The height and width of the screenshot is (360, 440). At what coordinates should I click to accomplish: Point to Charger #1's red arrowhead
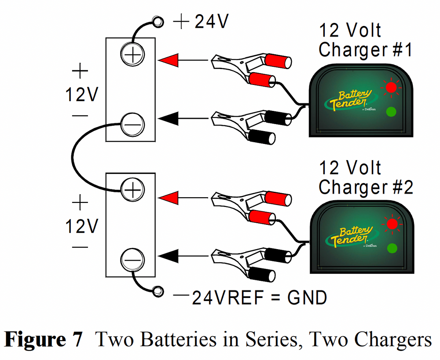pos(168,60)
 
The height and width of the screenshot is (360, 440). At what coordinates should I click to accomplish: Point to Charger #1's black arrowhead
pos(168,118)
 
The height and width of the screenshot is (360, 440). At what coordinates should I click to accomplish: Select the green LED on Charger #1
pos(391,112)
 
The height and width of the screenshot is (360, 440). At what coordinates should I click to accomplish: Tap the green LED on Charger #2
pos(391,248)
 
